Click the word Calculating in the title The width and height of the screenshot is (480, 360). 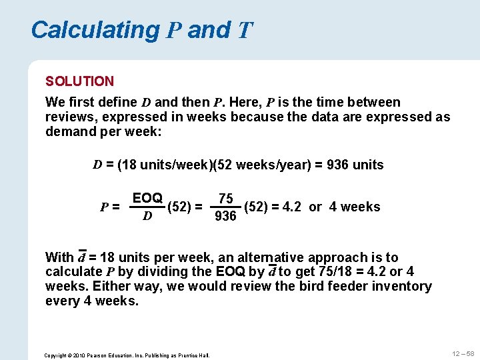click(x=95, y=30)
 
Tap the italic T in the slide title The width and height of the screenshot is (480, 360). click(x=245, y=31)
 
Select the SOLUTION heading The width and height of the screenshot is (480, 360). click(x=79, y=81)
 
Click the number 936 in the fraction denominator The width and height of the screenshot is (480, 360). click(x=225, y=217)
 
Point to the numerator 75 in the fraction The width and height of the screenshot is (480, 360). click(x=226, y=199)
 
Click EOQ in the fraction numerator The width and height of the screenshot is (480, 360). click(x=147, y=198)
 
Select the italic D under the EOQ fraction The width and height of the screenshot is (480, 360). click(x=147, y=217)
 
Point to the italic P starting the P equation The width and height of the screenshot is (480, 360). click(x=104, y=207)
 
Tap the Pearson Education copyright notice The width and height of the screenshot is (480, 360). click(x=127, y=355)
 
